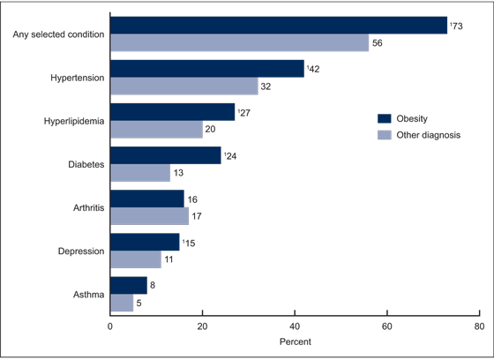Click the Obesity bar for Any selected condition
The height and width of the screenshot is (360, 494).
[278, 26]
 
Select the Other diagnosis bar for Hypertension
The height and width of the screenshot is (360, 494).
[183, 86]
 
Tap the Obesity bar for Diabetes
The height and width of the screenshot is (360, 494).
[165, 155]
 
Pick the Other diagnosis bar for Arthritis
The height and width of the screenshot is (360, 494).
[149, 216]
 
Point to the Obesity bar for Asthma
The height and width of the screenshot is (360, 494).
[128, 285]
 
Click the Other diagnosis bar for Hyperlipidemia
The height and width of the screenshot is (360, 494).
[156, 130]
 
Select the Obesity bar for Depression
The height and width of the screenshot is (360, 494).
[145, 242]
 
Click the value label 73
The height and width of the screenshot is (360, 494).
[456, 26]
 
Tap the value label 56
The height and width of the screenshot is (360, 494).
[378, 43]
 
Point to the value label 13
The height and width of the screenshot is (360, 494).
[179, 173]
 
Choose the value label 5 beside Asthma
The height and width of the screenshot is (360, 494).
[139, 303]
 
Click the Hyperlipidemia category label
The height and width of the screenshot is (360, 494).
[75, 121]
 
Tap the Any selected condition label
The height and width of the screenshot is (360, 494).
[59, 34]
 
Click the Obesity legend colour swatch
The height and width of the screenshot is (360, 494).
[384, 118]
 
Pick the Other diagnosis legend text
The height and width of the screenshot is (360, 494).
[429, 135]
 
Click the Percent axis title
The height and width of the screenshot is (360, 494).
[294, 341]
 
